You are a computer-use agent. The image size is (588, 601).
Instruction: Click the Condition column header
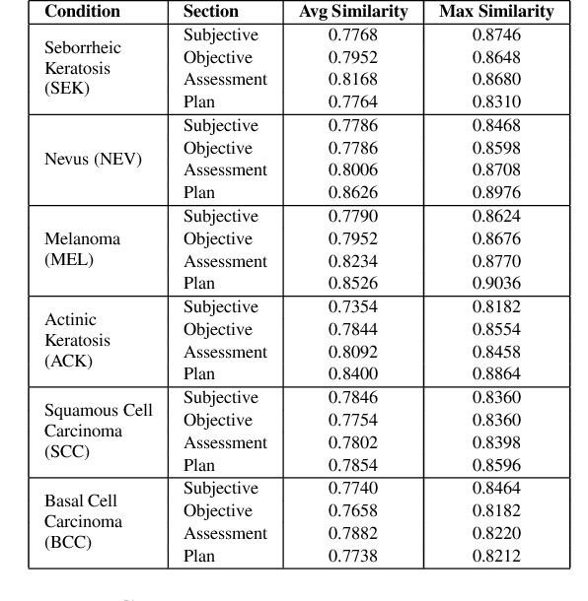[82, 12]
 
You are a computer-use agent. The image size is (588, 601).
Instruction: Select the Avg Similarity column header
[352, 12]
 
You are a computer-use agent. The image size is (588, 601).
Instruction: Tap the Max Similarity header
[496, 12]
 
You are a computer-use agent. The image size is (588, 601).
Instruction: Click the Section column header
[210, 12]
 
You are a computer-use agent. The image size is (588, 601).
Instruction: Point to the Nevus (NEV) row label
[94, 159]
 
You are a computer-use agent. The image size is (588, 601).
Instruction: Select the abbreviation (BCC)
[68, 542]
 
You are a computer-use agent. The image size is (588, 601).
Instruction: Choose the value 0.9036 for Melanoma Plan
[496, 284]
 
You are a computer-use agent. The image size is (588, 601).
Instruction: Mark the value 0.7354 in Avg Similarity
[352, 306]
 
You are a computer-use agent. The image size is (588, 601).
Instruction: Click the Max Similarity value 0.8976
[496, 193]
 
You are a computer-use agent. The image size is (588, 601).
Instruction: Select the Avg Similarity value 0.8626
[352, 193]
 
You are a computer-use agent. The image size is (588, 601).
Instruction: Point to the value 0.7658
[352, 510]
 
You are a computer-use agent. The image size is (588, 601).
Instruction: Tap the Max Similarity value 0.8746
[496, 34]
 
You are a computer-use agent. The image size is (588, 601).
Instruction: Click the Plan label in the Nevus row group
[199, 193]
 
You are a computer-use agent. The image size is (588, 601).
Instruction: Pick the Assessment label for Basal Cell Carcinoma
[225, 533]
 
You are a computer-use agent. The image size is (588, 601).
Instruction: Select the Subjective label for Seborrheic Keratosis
[221, 34]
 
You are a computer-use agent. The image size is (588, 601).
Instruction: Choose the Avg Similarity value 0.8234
[352, 261]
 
